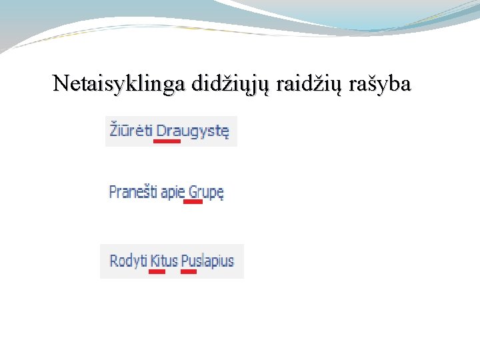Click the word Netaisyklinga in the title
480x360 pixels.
coord(119,84)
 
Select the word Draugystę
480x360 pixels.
coord(193,131)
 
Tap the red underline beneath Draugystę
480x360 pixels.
coord(167,141)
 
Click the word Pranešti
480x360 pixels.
coord(133,192)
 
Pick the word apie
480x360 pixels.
coord(172,193)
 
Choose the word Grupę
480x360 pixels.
coord(206,193)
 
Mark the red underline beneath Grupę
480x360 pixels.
coord(193,201)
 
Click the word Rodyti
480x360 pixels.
coord(128,260)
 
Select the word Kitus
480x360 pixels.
coord(164,260)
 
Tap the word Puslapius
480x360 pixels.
coord(207,260)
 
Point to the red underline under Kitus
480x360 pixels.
coord(157,271)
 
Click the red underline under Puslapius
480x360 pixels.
coord(189,271)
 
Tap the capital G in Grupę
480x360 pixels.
coord(193,192)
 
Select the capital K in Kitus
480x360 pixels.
coord(154,260)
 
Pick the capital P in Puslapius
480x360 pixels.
coord(185,260)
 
